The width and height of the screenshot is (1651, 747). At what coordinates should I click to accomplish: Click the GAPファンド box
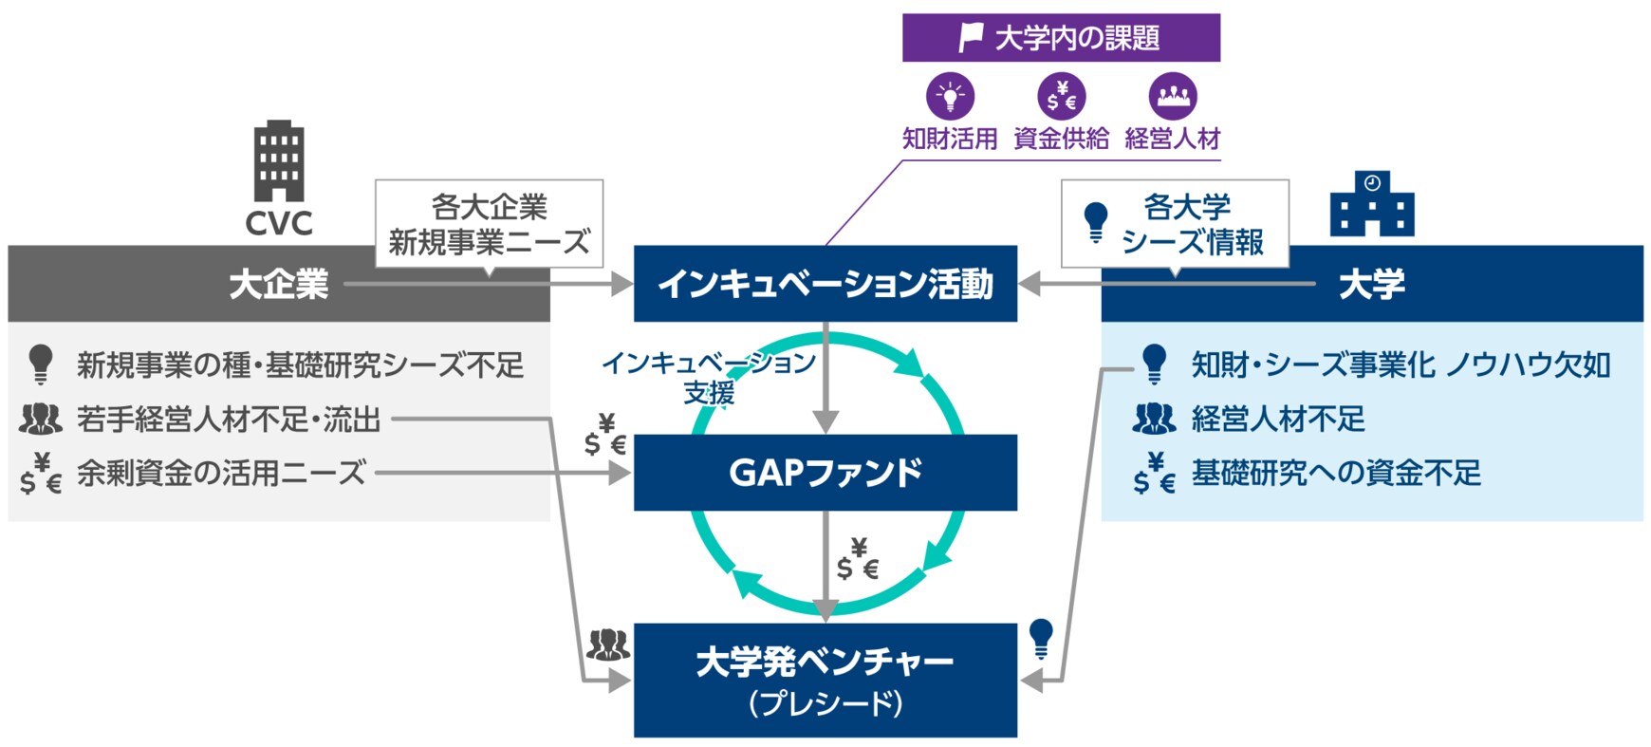pyautogui.click(x=825, y=473)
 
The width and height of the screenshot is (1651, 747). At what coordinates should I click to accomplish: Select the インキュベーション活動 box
pyautogui.click(x=825, y=284)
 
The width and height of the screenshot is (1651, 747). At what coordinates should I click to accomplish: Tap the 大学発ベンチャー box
pyautogui.click(x=825, y=680)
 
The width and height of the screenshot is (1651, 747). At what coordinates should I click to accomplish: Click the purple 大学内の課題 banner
pyautogui.click(x=1061, y=38)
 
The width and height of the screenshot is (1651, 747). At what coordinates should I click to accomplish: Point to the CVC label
pyautogui.click(x=278, y=223)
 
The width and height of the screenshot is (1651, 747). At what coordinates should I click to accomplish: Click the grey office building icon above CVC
pyautogui.click(x=278, y=160)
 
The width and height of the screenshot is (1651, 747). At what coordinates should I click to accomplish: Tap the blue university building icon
pyautogui.click(x=1371, y=204)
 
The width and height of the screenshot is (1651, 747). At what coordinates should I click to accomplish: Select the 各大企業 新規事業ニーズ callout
pyautogui.click(x=489, y=224)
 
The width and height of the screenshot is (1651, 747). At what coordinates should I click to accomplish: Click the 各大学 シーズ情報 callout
pyautogui.click(x=1175, y=224)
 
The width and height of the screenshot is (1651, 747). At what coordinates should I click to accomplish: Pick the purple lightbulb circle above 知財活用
pyautogui.click(x=950, y=96)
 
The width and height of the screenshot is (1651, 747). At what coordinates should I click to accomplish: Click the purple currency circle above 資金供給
pyautogui.click(x=1061, y=96)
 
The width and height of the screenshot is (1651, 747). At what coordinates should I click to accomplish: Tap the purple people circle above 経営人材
pyautogui.click(x=1173, y=96)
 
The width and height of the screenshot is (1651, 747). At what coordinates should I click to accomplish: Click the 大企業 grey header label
pyautogui.click(x=278, y=284)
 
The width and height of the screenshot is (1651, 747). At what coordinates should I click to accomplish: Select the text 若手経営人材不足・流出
pyautogui.click(x=228, y=419)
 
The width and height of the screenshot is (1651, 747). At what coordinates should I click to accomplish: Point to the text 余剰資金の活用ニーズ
pyautogui.click(x=220, y=473)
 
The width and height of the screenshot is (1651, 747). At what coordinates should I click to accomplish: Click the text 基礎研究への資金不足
pyautogui.click(x=1335, y=473)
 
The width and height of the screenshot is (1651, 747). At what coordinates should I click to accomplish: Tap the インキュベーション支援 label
pyautogui.click(x=709, y=377)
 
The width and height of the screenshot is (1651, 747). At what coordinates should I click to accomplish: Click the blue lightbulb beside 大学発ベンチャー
pyautogui.click(x=1041, y=638)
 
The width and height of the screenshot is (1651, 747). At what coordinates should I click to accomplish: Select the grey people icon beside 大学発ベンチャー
pyautogui.click(x=607, y=645)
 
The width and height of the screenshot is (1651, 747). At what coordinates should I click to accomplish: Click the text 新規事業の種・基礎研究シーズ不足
pyautogui.click(x=300, y=364)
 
